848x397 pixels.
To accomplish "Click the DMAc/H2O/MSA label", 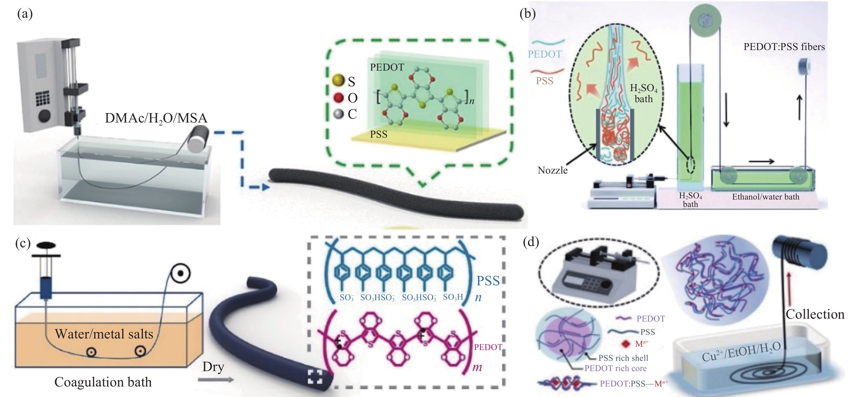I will (156, 118).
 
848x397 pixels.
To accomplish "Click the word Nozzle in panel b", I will (552, 170).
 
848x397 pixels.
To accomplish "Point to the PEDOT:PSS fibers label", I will (784, 47).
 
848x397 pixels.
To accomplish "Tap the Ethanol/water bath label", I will (765, 197).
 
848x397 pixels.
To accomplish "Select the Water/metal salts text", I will (104, 334).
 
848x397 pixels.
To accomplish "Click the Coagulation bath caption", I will (103, 382).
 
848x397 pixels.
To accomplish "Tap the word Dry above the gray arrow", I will (213, 367).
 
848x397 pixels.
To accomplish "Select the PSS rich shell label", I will (623, 358).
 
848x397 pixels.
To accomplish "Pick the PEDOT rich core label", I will (615, 368).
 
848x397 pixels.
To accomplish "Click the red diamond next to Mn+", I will (626, 344).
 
